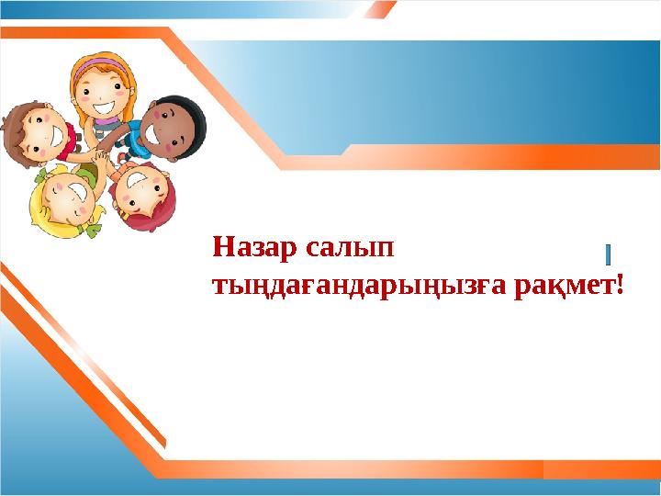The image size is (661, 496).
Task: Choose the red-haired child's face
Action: [x=142, y=194]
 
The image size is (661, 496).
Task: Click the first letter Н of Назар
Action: [x=221, y=249]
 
